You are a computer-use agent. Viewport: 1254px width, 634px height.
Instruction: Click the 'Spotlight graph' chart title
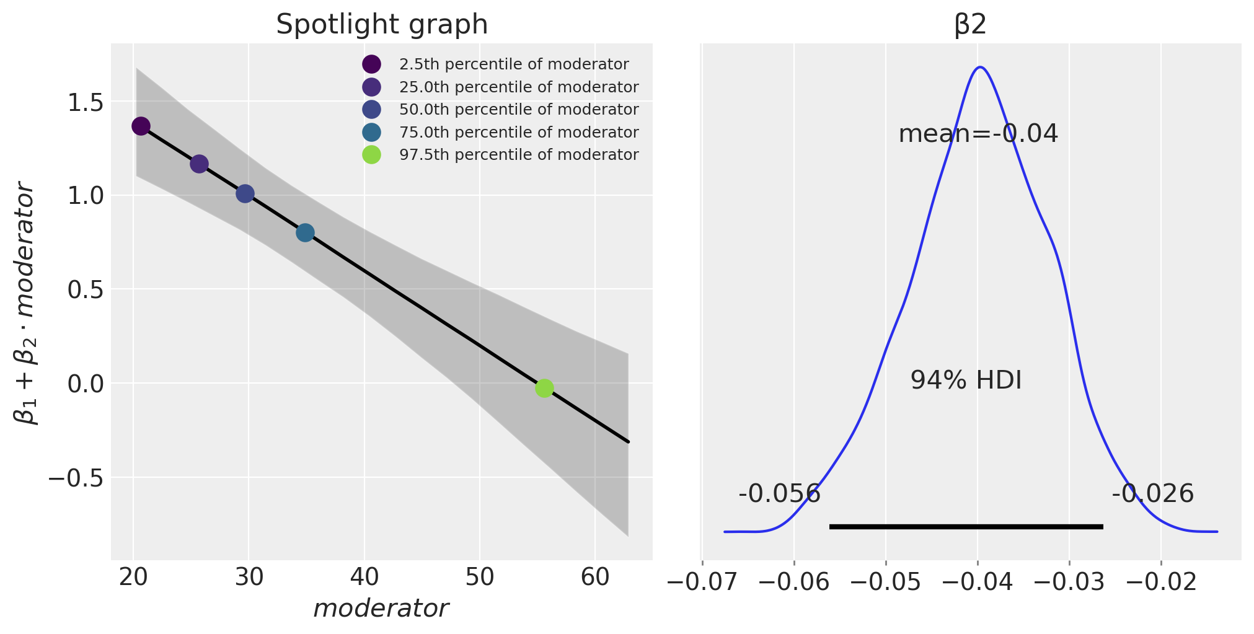tap(382, 25)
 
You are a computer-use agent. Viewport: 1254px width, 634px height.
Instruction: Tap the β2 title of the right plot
tap(970, 25)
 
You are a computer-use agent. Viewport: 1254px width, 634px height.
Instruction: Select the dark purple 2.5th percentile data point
tap(141, 126)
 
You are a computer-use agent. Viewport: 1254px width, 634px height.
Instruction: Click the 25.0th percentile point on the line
tap(199, 164)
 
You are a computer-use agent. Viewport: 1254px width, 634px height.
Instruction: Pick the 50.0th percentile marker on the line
tap(245, 194)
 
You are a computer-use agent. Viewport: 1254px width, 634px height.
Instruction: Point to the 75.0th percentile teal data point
tap(305, 233)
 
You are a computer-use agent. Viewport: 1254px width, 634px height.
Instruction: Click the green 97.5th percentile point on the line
tap(544, 389)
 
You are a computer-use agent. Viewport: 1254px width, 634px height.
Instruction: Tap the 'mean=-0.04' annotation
tap(978, 134)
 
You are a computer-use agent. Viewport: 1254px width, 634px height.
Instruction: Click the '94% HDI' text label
tap(966, 381)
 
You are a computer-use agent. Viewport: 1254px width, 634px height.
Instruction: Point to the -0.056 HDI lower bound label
tap(779, 494)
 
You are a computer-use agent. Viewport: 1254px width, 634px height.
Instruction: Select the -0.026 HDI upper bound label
tap(1152, 494)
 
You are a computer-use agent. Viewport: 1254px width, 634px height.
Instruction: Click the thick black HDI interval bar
tap(966, 527)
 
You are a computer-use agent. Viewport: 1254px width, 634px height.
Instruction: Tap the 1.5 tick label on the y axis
tap(85, 102)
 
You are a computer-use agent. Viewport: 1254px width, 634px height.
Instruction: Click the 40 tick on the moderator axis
tap(364, 578)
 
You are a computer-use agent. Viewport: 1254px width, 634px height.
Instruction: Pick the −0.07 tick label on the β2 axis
tap(702, 581)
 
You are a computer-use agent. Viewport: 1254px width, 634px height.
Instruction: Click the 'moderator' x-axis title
tap(381, 609)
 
